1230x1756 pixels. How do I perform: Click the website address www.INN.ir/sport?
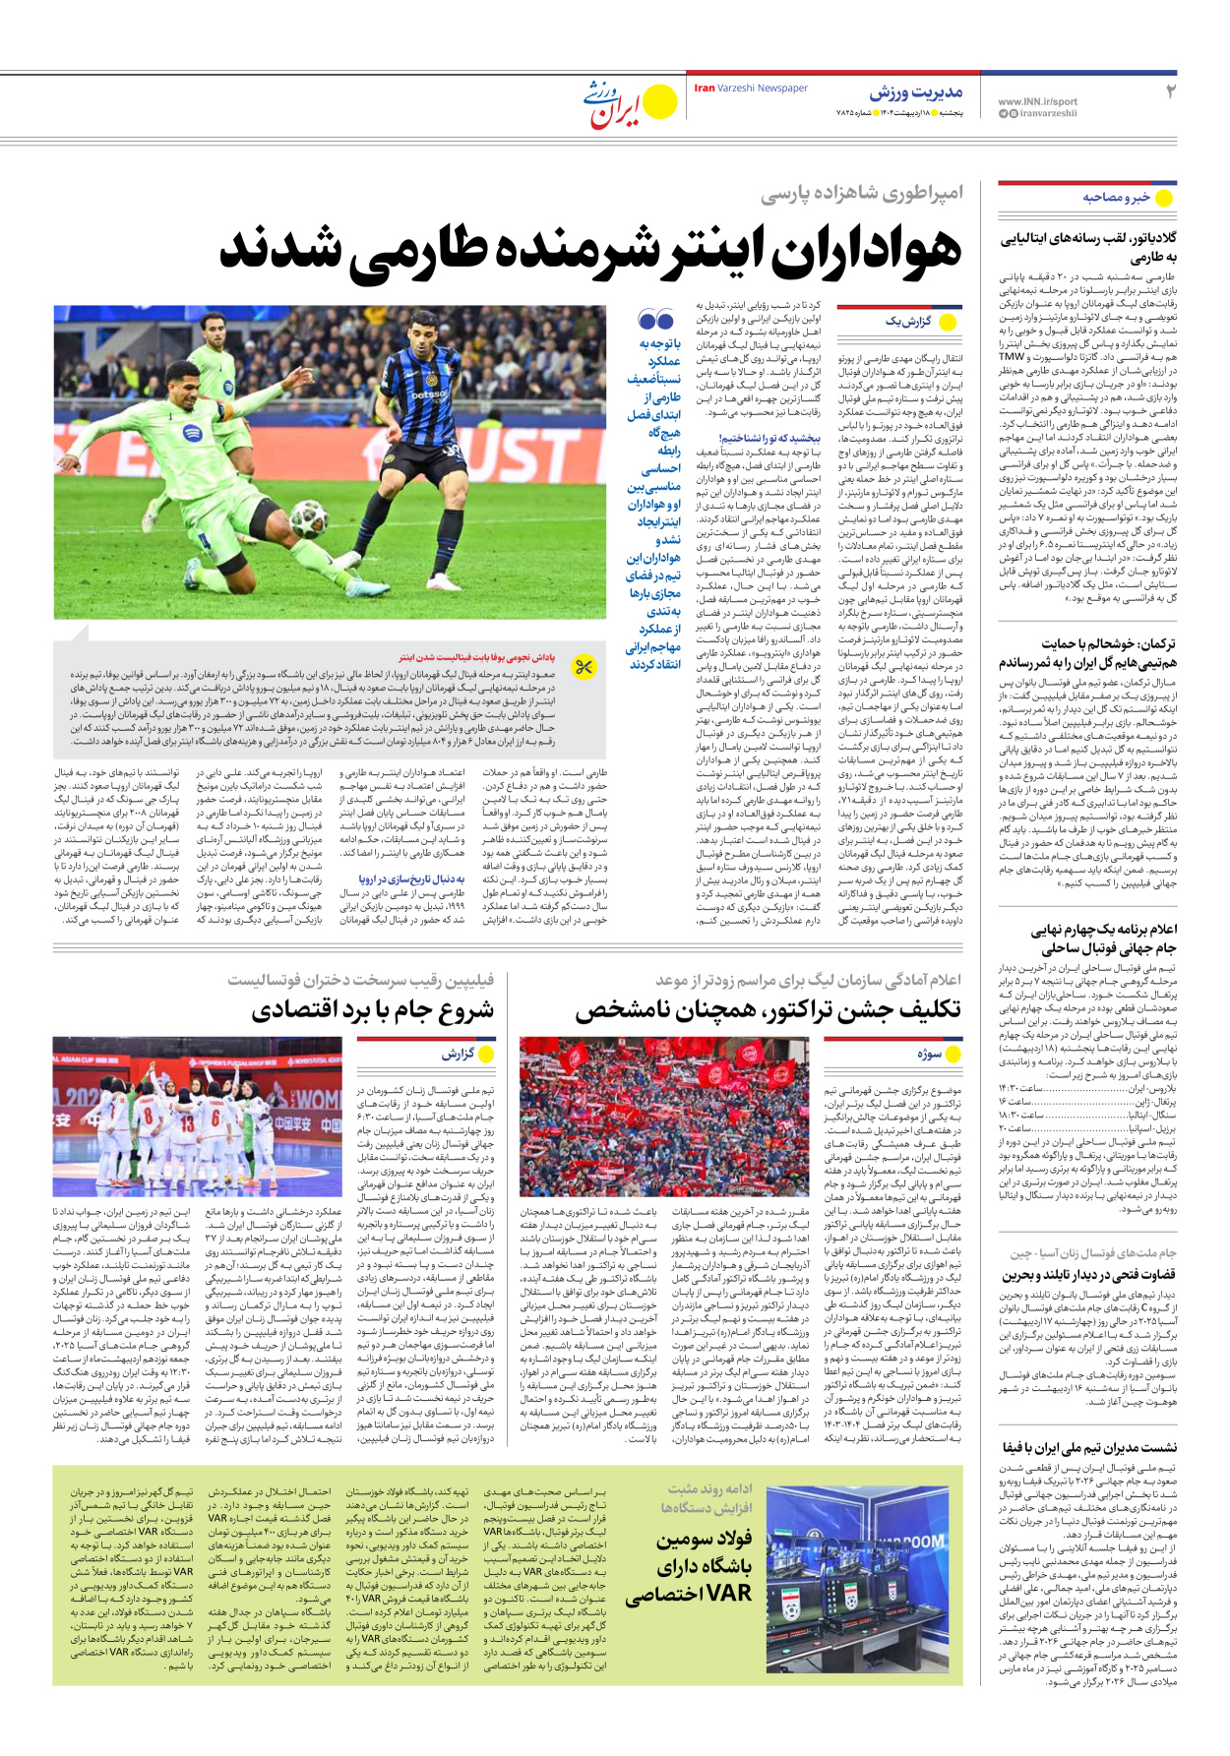(1037, 101)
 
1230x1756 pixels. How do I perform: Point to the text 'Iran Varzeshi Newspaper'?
(751, 89)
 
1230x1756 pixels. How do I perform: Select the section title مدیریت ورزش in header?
(915, 92)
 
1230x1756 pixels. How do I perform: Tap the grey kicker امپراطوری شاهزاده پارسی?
(861, 193)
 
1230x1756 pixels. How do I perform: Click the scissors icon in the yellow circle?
(584, 667)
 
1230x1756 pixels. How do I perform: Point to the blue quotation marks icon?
(655, 320)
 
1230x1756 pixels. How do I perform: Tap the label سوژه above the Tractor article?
(929, 1055)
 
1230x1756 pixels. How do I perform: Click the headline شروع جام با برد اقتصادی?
(373, 1010)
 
